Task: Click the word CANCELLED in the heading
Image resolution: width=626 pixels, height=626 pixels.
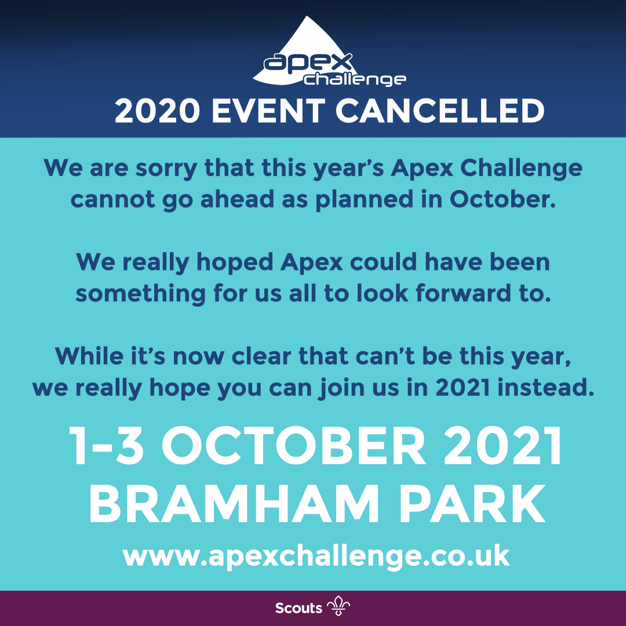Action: (441, 111)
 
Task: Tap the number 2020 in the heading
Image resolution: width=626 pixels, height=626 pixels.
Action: (155, 111)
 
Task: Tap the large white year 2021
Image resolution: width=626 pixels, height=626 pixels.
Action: (506, 448)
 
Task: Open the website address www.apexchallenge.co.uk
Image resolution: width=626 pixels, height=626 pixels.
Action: (316, 557)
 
